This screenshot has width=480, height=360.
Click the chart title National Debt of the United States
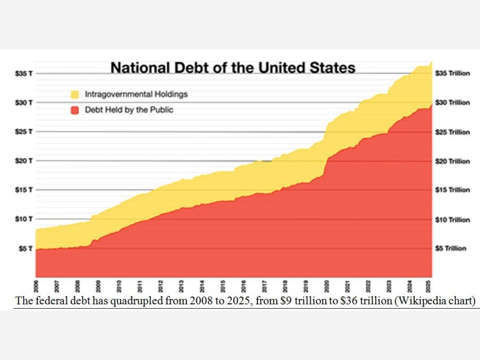pos(233,67)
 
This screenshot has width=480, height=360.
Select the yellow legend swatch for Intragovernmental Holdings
pos(74,95)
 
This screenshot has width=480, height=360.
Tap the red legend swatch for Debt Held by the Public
pos(74,110)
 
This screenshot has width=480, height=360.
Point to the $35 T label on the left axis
pos(24,74)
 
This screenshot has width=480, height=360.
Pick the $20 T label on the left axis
pos(24,161)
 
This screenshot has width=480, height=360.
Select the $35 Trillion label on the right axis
pos(452,74)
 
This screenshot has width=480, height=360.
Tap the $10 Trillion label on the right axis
pos(452,220)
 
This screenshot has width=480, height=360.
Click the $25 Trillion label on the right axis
pos(452,132)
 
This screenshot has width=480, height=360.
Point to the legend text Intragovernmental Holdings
pos(136,95)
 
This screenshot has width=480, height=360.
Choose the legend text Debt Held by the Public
pos(129,110)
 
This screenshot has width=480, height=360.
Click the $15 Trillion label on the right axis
pos(452,190)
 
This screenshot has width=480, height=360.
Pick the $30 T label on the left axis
pos(24,103)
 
